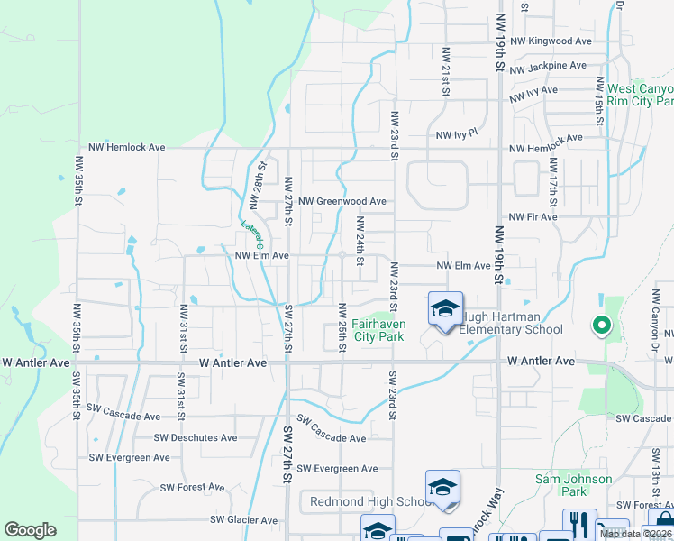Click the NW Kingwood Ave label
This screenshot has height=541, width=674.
coord(550,41)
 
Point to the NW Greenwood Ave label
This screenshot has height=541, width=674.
coord(342,201)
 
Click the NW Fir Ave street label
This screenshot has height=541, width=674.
coord(533,217)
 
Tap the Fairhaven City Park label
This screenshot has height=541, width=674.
coord(378,330)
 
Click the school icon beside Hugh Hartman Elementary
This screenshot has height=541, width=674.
coord(445,309)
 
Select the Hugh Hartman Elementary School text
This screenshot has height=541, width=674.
coord(511,324)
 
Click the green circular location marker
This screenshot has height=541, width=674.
coord(602,326)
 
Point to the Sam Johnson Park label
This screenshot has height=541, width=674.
coord(574,485)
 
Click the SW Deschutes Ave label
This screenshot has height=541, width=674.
coord(196,437)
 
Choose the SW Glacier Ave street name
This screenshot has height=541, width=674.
coord(244,520)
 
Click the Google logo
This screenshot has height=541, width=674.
coord(30,530)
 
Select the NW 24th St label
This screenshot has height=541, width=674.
coord(360,241)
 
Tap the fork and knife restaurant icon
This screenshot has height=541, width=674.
coord(579,523)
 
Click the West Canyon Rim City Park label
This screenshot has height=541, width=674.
coord(640,95)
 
